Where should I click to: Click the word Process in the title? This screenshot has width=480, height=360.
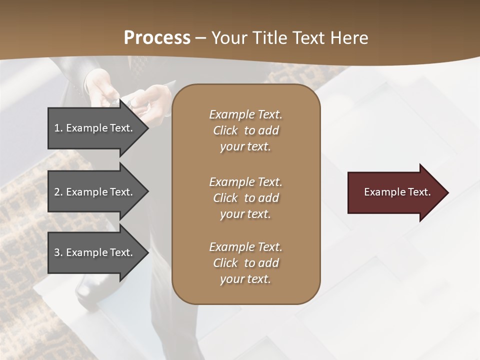point(157,38)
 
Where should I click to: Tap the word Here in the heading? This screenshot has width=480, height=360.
point(348,38)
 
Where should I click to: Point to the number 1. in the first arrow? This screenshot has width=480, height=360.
point(58,128)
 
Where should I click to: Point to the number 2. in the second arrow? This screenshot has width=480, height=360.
point(58,192)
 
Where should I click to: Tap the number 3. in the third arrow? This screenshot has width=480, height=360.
point(58,252)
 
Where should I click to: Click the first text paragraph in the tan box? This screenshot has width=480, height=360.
point(245,130)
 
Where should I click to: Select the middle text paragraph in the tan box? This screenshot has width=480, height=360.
point(245,198)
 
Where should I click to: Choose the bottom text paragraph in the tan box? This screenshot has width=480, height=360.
point(245,263)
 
